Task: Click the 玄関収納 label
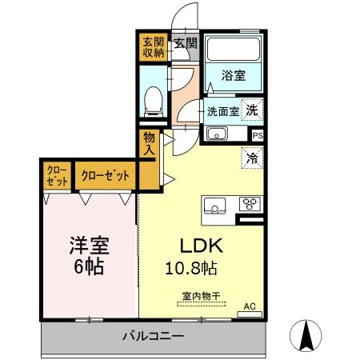point(153,47)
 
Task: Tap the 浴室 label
point(234,74)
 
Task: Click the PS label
point(257,135)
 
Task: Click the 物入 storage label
point(150,143)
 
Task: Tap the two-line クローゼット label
point(56,175)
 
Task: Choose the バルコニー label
point(153,335)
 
